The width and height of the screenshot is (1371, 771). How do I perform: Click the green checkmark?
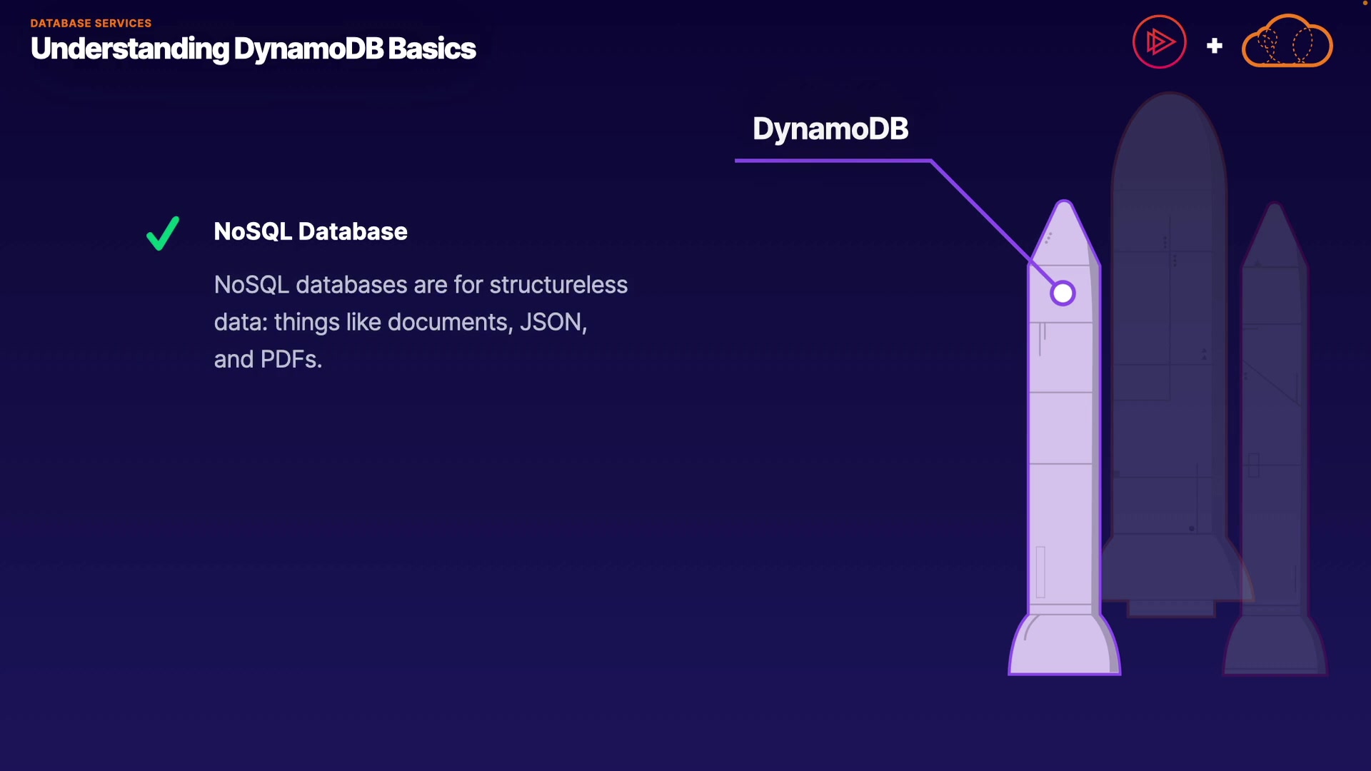tap(163, 233)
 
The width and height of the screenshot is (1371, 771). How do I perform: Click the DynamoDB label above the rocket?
tap(830, 129)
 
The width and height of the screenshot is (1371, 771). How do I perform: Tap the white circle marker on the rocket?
tap(1063, 293)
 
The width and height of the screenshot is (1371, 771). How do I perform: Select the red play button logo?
tap(1159, 42)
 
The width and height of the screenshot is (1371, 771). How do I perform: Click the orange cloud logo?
tap(1287, 43)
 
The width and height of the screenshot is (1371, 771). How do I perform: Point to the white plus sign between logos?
tap(1214, 46)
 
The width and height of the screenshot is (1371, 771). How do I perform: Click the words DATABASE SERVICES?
tap(91, 24)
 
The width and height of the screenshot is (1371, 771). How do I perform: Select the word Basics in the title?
tap(431, 49)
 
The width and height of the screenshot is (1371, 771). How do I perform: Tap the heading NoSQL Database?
tap(311, 232)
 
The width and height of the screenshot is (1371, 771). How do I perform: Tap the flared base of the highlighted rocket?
tap(1064, 646)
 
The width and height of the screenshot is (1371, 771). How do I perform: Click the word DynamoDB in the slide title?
tap(308, 49)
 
